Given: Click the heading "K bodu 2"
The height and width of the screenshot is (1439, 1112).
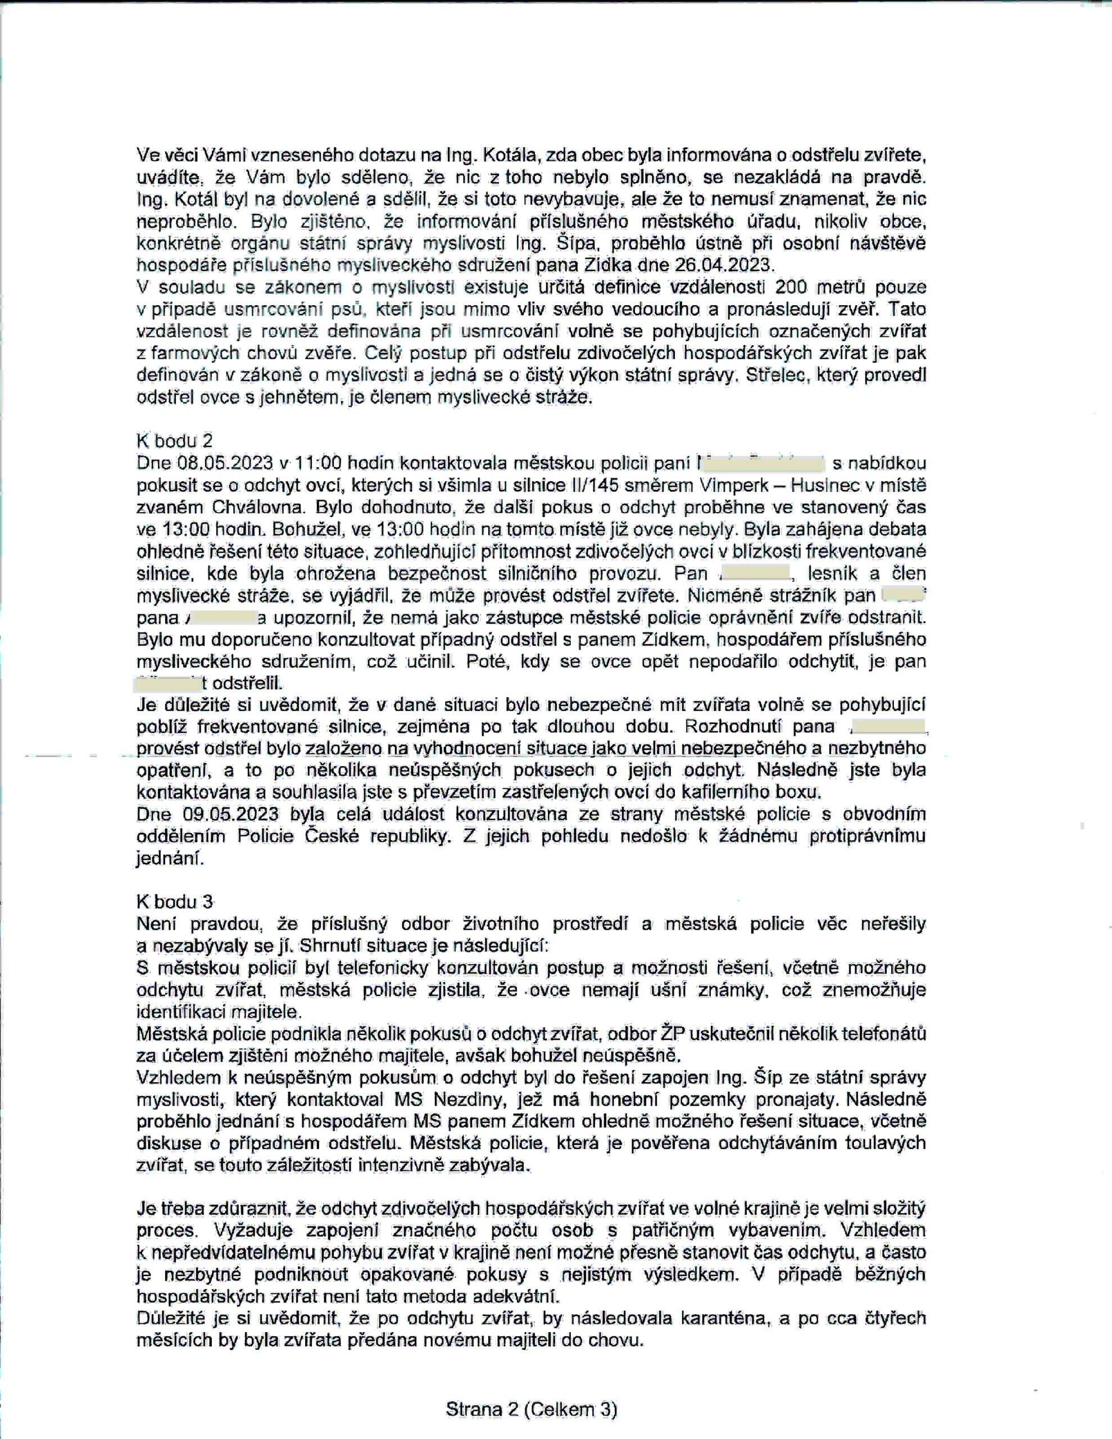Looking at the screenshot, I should [x=175, y=441].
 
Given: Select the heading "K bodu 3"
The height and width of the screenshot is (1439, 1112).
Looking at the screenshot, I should [x=175, y=902].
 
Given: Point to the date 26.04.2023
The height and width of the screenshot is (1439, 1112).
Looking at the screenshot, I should [x=723, y=265].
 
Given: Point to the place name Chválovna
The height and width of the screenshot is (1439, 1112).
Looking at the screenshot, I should [x=260, y=508].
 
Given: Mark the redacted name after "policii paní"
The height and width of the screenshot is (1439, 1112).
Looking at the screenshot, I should [x=761, y=463].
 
